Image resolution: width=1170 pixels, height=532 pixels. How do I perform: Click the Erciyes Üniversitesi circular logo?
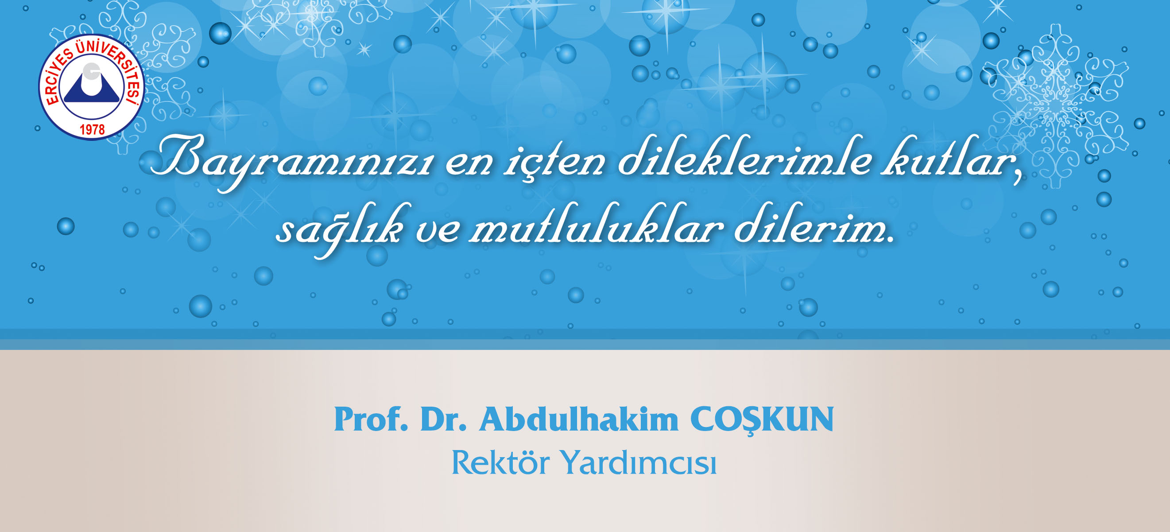pos(91,87)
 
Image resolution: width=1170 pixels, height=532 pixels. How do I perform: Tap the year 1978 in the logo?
pos(92,130)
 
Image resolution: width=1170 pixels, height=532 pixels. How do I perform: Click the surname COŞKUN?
pos(762,420)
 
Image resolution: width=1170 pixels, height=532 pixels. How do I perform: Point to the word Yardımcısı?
pos(638,462)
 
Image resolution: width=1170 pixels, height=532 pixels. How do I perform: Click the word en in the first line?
pos(469,163)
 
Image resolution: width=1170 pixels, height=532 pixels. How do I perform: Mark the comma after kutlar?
pos(1018,175)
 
